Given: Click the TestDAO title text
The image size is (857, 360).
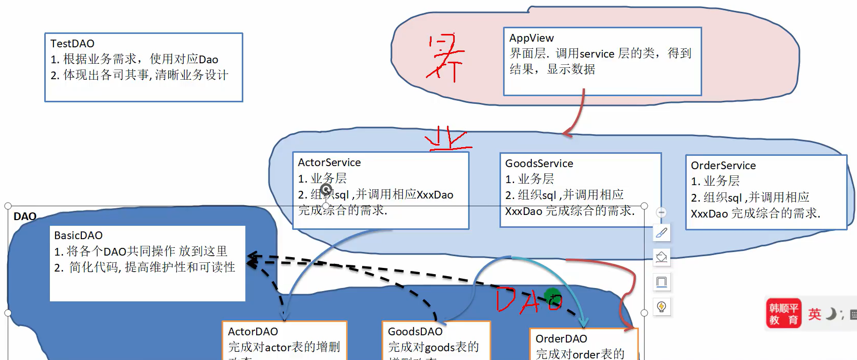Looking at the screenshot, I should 72,44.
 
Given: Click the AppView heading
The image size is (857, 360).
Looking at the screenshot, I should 531,38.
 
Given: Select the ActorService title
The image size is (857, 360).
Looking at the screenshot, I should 329,163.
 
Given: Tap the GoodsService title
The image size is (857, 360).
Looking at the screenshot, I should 539,164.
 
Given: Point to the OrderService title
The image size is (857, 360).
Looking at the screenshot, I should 723,166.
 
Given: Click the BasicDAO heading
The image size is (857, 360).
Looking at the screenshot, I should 78,236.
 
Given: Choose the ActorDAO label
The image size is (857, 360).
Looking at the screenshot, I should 253,332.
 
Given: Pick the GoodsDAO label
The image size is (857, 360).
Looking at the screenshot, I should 415,332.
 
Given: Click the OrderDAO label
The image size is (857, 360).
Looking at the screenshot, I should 561,339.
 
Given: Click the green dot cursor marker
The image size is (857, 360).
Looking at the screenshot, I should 552,296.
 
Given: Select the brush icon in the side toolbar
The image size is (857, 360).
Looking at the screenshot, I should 662,233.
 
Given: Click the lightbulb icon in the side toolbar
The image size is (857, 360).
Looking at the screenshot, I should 662,307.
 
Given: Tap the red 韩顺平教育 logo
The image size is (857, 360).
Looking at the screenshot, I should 783,313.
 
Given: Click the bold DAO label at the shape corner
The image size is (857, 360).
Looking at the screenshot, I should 25,217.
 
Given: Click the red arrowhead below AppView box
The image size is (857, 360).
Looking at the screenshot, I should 567,134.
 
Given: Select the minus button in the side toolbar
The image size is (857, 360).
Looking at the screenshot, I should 662,212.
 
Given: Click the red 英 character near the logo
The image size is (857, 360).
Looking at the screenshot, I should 814,314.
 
